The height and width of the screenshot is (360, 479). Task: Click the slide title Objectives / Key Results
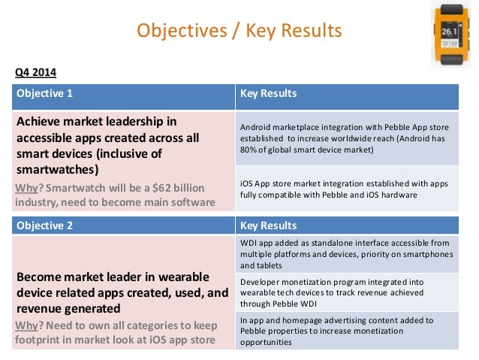tap(239, 31)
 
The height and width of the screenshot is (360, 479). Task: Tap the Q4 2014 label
tap(35, 73)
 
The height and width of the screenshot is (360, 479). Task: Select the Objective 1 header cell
tap(122, 95)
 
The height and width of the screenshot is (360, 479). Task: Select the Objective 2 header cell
tap(122, 225)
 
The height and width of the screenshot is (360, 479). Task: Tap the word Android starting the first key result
tap(258, 126)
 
